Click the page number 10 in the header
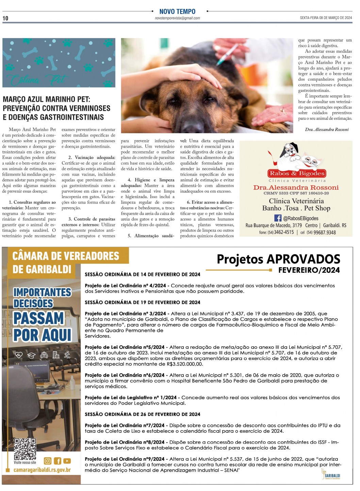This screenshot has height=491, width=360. coord(5,18)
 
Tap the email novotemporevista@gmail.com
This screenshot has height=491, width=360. coord(177,18)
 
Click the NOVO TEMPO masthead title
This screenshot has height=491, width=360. coord(177,12)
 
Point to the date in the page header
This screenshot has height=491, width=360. coord(326,18)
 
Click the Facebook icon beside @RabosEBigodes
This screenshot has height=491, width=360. coord(278,218)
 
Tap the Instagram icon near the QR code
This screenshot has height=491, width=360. coord(48,461)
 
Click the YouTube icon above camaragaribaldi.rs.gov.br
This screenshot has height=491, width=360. coord(67,461)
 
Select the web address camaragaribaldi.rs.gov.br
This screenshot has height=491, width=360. coord(42,470)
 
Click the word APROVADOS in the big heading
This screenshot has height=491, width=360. coord(304,259)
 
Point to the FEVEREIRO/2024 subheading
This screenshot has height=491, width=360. coord(309,270)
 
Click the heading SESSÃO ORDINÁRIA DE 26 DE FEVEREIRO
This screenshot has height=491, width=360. coord(142,414)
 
